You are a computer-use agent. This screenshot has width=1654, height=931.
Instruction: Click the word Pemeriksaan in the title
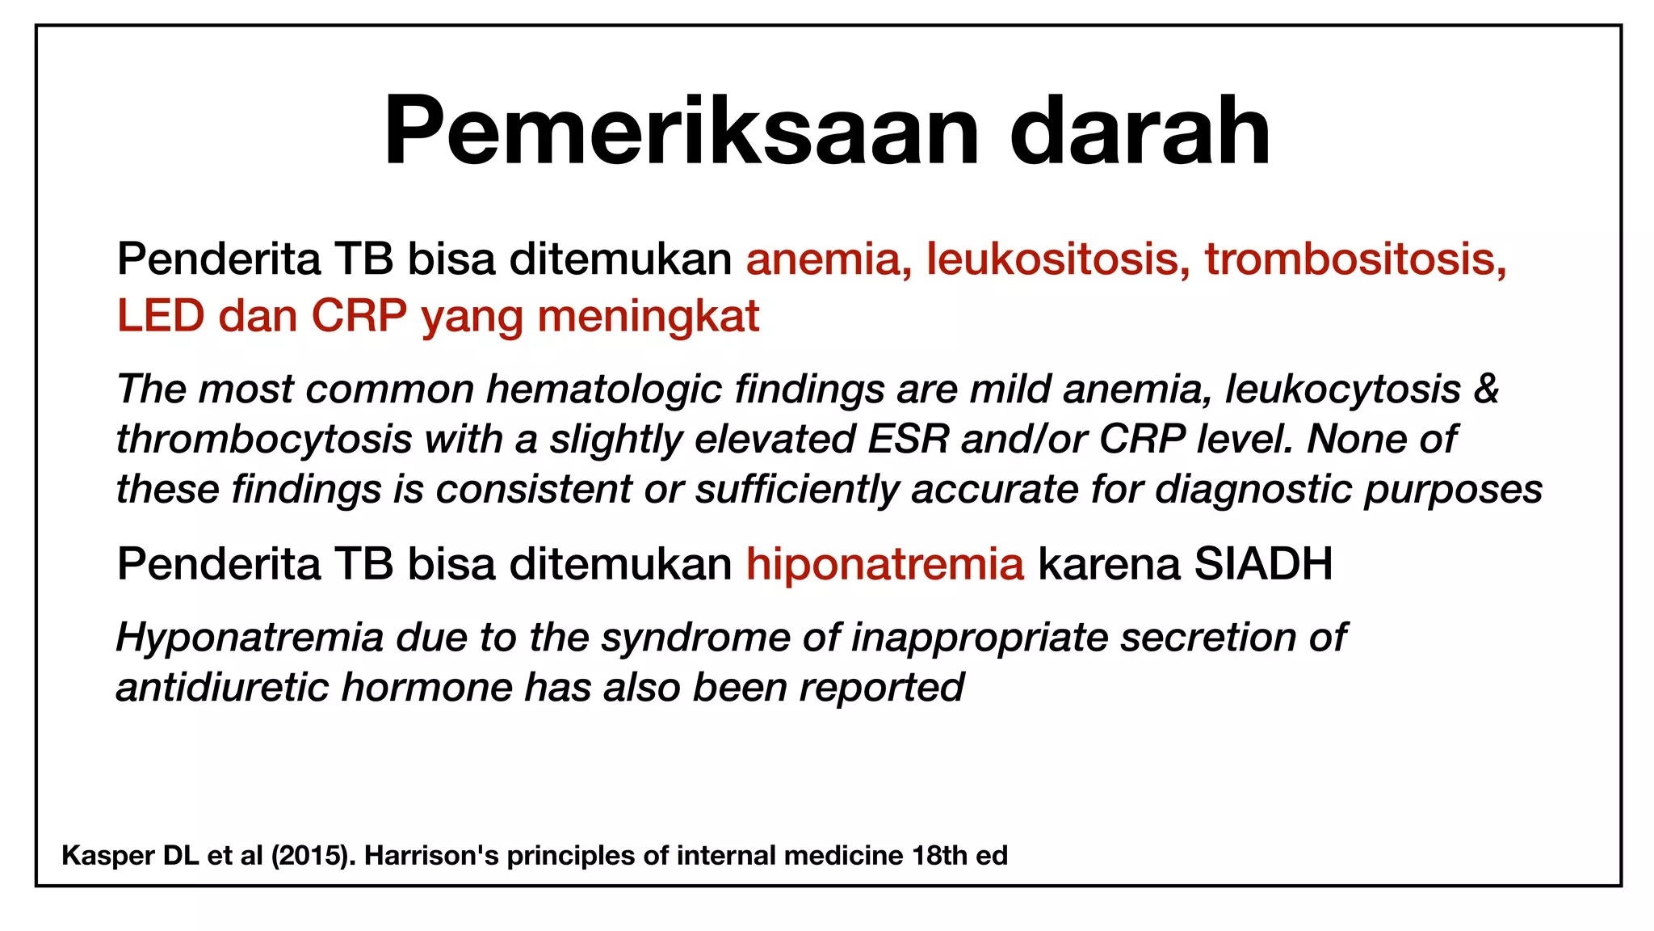pos(681,132)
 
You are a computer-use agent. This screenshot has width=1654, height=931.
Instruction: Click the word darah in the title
pos(1140,132)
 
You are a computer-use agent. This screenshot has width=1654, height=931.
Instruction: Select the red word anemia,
pos(829,259)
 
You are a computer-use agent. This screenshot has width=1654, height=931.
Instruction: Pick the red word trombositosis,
pos(1355,259)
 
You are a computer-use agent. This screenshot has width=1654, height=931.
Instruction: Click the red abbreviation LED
pos(161,315)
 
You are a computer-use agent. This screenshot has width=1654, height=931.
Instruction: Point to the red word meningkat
pos(649,315)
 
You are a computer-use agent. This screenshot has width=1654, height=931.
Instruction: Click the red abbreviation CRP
pos(359,315)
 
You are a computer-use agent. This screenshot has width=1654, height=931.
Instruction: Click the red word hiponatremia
pos(884,564)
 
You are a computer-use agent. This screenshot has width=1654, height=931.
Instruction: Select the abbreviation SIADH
pos(1262,564)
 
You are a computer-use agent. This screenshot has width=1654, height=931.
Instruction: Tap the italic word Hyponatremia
pos(250,638)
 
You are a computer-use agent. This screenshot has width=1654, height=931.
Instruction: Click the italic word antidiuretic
pos(222,688)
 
